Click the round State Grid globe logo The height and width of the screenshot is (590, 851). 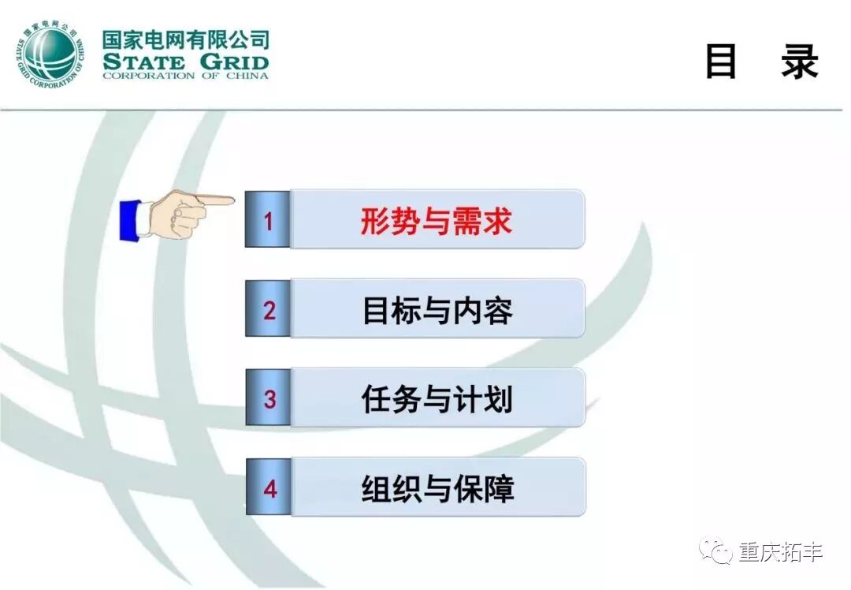click(x=50, y=55)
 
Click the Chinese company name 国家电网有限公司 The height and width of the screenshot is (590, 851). click(x=186, y=39)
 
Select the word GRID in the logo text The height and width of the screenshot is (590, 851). click(x=234, y=62)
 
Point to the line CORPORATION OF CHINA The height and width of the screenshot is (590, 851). click(x=186, y=76)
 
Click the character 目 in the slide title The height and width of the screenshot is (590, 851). click(x=721, y=62)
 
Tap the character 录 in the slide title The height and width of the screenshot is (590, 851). click(x=800, y=62)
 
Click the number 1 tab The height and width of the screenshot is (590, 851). click(x=268, y=219)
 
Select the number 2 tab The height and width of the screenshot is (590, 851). click(x=268, y=308)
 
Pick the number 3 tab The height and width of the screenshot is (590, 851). click(x=269, y=398)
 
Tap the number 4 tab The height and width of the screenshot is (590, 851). click(x=269, y=487)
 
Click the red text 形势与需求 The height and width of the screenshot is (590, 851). click(x=437, y=221)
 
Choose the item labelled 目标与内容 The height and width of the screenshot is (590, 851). click(x=437, y=310)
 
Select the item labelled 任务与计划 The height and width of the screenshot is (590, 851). click(x=437, y=399)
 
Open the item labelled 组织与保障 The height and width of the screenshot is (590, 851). click(x=437, y=488)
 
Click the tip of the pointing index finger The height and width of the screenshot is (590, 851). click(x=233, y=200)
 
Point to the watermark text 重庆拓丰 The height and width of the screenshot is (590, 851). click(x=780, y=552)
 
